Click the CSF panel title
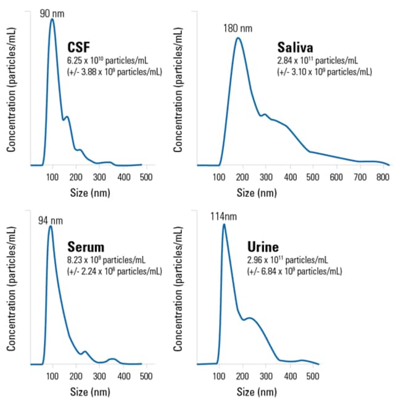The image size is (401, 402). click(x=78, y=47)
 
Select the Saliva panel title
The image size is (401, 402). click(x=295, y=47)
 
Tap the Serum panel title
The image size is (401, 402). click(x=86, y=247)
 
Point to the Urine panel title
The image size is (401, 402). click(x=263, y=247)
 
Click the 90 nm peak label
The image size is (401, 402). click(x=52, y=14)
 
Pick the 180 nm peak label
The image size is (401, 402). click(x=238, y=28)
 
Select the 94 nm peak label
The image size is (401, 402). click(x=51, y=221)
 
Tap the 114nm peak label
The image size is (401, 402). click(x=223, y=217)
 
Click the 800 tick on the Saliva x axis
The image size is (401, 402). click(x=382, y=177)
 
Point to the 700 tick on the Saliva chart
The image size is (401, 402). click(x=360, y=177)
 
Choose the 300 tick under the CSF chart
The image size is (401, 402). click(x=99, y=177)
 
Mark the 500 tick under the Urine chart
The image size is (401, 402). click(x=313, y=376)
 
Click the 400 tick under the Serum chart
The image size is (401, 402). click(x=123, y=376)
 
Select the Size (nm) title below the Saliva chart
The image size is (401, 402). click(x=257, y=193)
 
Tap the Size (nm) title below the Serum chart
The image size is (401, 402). click(x=90, y=392)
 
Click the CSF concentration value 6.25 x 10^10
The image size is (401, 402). click(x=85, y=60)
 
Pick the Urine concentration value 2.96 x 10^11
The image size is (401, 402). click(x=265, y=260)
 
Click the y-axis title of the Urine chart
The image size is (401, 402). click(x=178, y=289)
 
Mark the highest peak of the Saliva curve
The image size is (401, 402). click(x=238, y=38)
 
